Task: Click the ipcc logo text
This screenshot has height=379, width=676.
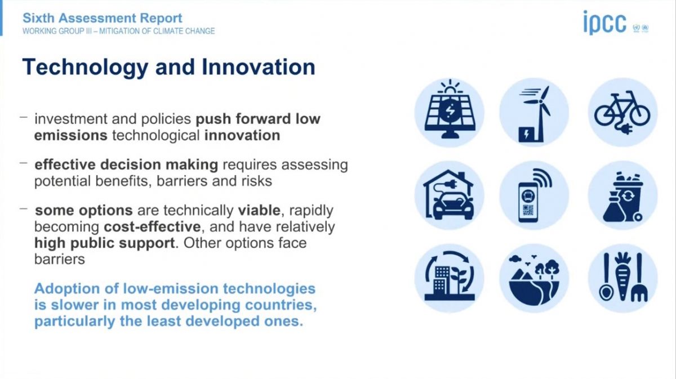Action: click(x=605, y=23)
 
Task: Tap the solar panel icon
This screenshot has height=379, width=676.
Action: click(x=450, y=112)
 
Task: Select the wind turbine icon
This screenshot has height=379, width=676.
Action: click(x=534, y=112)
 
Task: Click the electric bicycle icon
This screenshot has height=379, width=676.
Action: click(x=622, y=112)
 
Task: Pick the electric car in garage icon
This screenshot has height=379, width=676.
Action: click(x=450, y=195)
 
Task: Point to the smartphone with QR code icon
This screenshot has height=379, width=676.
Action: click(x=534, y=195)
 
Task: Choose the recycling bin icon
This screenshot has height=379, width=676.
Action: click(x=622, y=195)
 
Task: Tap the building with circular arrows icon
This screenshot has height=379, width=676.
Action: click(x=450, y=278)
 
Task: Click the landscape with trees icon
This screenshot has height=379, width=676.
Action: click(x=534, y=278)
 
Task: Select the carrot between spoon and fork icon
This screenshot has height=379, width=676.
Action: click(x=622, y=278)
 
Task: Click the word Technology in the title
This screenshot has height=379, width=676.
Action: click(x=85, y=68)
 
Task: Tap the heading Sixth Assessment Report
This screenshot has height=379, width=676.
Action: click(x=103, y=19)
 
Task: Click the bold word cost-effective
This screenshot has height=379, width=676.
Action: click(x=152, y=227)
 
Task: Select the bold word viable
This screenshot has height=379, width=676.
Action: click(x=259, y=210)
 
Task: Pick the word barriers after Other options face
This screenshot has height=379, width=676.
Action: click(x=60, y=259)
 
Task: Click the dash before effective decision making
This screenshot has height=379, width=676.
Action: click(x=24, y=163)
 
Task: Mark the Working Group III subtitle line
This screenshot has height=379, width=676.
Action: click(x=119, y=31)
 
